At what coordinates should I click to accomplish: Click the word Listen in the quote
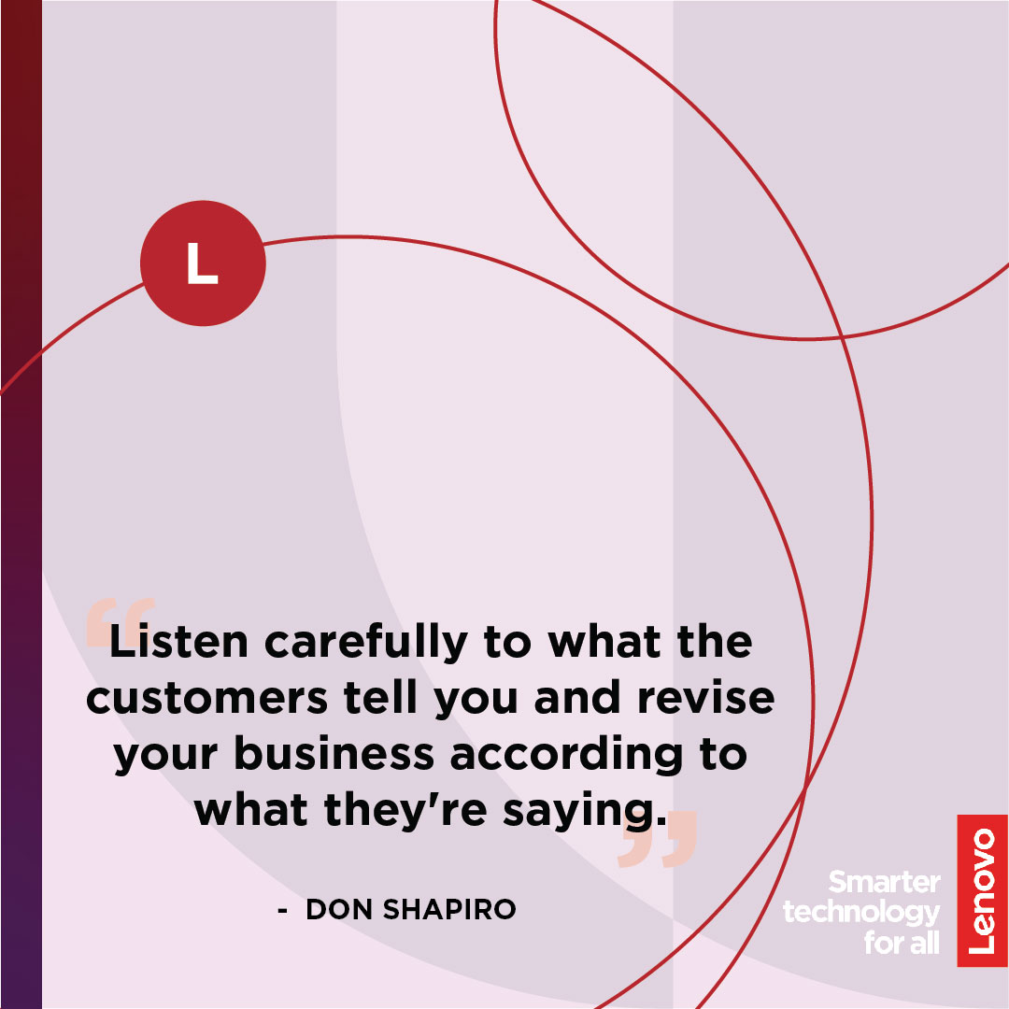point(178,641)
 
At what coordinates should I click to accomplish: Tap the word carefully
point(366,642)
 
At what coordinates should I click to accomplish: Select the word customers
point(206,698)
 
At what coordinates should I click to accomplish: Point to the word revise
point(706,698)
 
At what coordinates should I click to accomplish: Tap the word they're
point(405,809)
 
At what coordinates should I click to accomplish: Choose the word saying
point(584,812)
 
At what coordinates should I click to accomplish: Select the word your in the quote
point(165,756)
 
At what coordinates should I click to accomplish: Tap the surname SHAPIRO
point(449,909)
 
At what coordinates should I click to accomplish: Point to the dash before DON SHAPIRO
point(282,911)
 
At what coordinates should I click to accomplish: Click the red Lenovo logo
point(982,890)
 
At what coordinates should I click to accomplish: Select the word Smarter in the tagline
point(884,882)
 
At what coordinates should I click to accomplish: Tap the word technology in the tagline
point(861,913)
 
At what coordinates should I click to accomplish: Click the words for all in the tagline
point(902,943)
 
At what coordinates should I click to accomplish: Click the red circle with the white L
point(203,263)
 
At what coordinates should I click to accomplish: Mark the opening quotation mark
point(121,621)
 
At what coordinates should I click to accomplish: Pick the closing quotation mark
point(657,838)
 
